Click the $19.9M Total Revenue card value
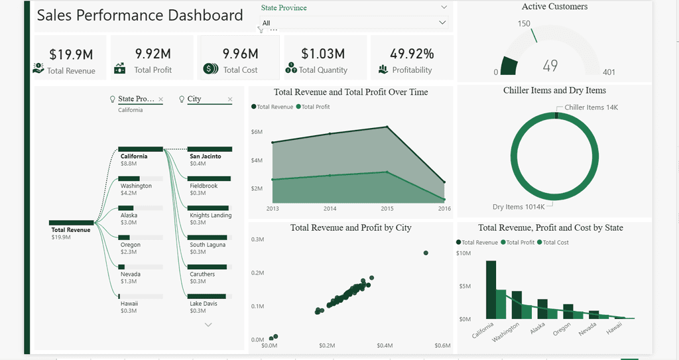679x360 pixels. [x=71, y=54]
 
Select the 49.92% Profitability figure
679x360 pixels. [x=412, y=54]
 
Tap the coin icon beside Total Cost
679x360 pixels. [x=210, y=69]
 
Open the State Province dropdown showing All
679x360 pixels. [x=354, y=23]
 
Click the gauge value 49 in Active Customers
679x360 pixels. [x=550, y=66]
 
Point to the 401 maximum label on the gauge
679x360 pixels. [x=609, y=72]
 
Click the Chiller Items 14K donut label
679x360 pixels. [x=591, y=107]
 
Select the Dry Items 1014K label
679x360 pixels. [x=519, y=207]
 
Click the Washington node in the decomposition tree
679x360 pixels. [x=136, y=186]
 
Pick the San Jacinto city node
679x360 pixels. [x=206, y=156]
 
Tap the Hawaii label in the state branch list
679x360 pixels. [x=129, y=303]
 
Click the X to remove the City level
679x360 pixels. [x=230, y=99]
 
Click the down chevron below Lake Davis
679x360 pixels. [x=208, y=325]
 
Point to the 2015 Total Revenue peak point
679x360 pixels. [x=387, y=127]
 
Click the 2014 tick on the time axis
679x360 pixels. [x=330, y=208]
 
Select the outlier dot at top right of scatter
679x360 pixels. [x=426, y=253]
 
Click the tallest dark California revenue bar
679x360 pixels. [x=491, y=289]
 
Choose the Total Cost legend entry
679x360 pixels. [x=553, y=243]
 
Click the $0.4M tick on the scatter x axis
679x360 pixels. [x=385, y=345]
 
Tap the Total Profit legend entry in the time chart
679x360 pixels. [x=313, y=107]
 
